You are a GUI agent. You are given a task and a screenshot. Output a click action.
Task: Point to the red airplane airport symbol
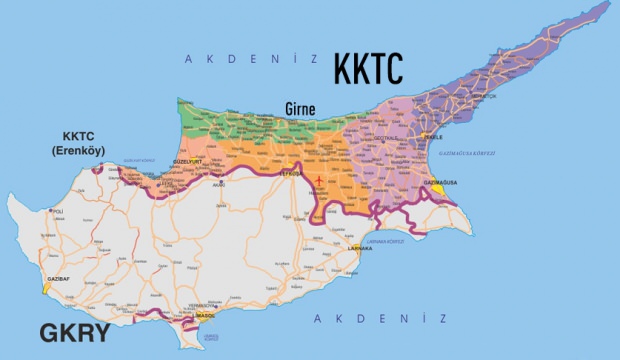319,181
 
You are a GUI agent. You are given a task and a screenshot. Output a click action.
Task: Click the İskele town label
432,137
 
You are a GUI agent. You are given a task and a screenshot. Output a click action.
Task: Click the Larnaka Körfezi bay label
389,240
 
